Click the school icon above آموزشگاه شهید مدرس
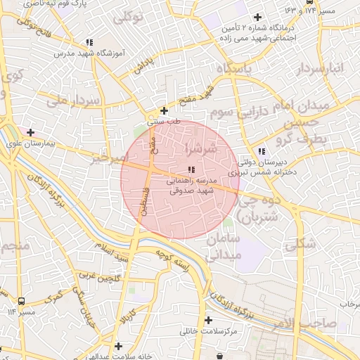[88, 42]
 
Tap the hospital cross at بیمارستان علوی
[30, 131]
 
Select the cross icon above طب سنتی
[164, 110]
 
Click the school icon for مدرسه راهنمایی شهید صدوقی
[191, 169]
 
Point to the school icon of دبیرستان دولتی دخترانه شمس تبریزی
[262, 150]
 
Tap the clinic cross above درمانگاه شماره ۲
[257, 17]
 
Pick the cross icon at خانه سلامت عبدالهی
[119, 346]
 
